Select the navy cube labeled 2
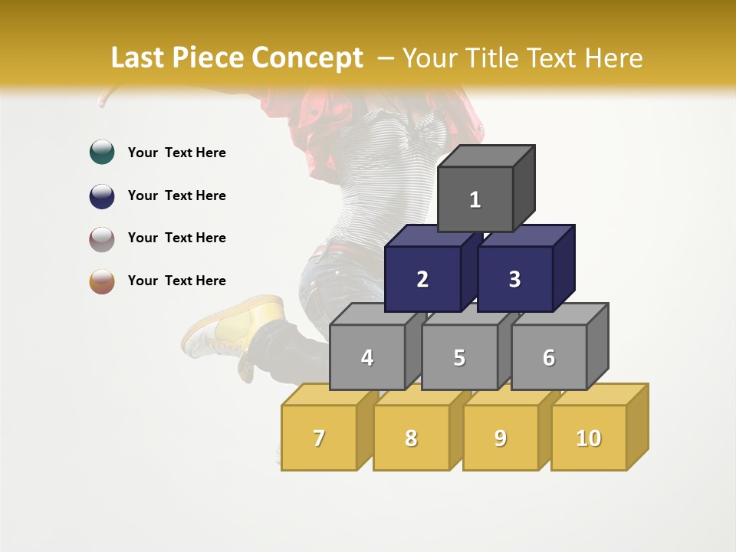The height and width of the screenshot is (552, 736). pyautogui.click(x=422, y=279)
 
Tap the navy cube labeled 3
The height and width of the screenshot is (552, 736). pyautogui.click(x=514, y=279)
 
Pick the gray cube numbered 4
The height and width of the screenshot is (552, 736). pyautogui.click(x=367, y=357)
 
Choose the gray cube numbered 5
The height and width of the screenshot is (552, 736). pyautogui.click(x=459, y=357)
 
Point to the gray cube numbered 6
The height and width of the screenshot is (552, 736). pyautogui.click(x=549, y=357)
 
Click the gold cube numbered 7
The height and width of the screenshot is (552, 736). pyautogui.click(x=319, y=438)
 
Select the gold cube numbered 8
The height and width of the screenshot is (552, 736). pyautogui.click(x=411, y=438)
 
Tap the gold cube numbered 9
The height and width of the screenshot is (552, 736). pyautogui.click(x=501, y=438)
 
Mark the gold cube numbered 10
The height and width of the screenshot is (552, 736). pyautogui.click(x=589, y=438)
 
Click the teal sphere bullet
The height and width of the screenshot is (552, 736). pyautogui.click(x=102, y=153)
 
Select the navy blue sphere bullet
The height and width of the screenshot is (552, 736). pyautogui.click(x=102, y=195)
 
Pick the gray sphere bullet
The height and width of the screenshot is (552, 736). pyautogui.click(x=102, y=238)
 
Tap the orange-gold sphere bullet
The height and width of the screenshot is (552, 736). pyautogui.click(x=102, y=281)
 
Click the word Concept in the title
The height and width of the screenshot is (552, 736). pyautogui.click(x=307, y=58)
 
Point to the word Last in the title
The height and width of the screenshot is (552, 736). pyautogui.click(x=139, y=58)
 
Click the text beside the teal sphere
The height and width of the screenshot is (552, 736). pyautogui.click(x=177, y=153)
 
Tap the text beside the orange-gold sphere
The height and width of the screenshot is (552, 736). pyautogui.click(x=177, y=281)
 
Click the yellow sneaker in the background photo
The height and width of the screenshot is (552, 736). pyautogui.click(x=230, y=326)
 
